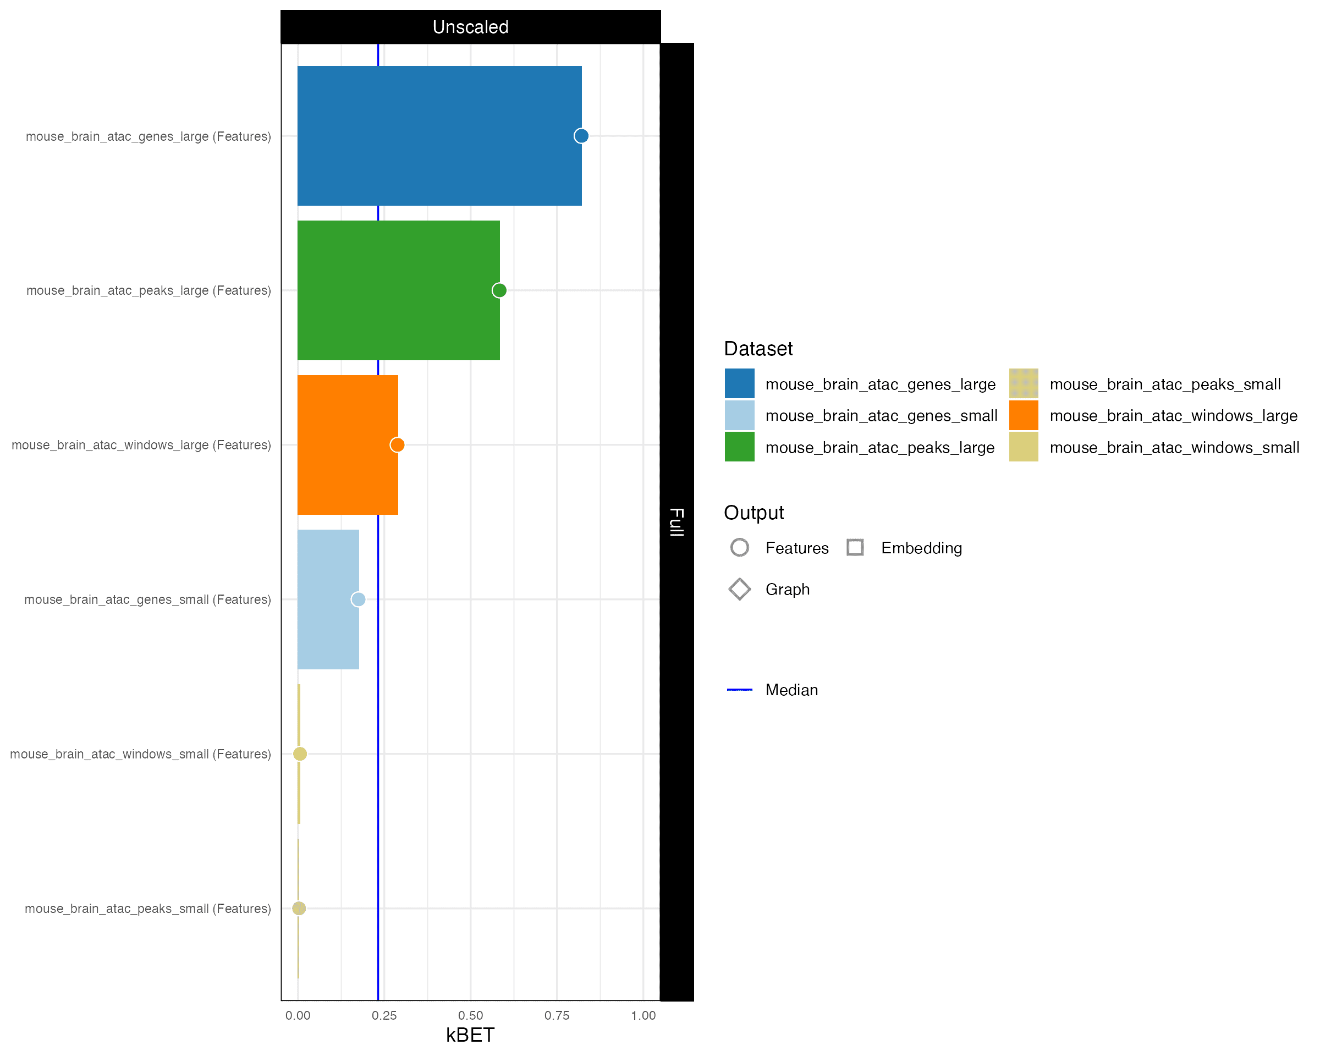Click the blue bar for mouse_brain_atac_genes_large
pos(439,135)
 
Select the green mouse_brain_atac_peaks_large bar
pos(398,290)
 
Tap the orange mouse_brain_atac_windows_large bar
pos(347,444)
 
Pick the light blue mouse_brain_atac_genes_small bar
pos(328,599)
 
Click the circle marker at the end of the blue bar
pos(581,136)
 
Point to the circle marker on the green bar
pos(499,290)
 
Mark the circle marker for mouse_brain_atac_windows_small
pos(299,754)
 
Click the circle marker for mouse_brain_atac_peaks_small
pos(299,908)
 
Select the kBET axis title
pos(470,1035)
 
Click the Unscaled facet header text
pos(470,27)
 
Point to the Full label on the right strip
pos(676,521)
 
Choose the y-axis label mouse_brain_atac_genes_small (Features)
pos(147,599)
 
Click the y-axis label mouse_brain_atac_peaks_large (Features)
pos(148,290)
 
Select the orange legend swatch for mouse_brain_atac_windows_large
pos(1023,416)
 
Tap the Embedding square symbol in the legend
pos(855,547)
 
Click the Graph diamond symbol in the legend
pos(740,589)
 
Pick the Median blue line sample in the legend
pos(740,690)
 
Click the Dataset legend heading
pos(758,348)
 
